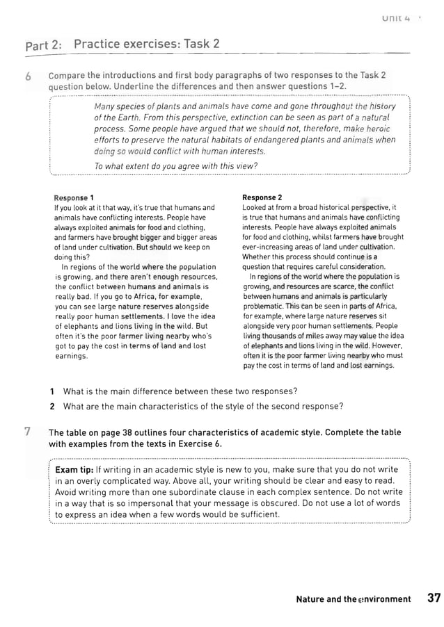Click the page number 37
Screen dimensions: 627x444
click(x=433, y=598)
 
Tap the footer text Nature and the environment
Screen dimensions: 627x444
click(x=354, y=599)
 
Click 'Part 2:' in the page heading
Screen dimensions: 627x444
click(x=44, y=47)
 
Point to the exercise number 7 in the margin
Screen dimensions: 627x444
click(x=29, y=432)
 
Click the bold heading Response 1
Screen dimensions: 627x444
click(x=74, y=198)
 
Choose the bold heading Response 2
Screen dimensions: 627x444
click(x=262, y=198)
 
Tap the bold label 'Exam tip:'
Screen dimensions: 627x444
click(x=74, y=470)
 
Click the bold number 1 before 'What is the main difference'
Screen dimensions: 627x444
click(x=52, y=391)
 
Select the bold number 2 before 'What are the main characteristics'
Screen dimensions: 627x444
click(x=52, y=406)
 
